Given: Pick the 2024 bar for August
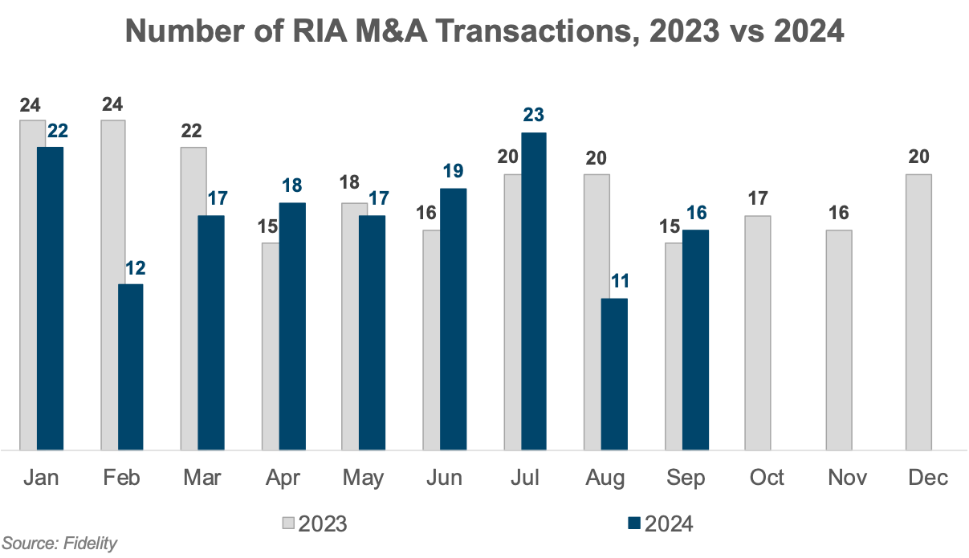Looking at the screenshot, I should point(614,373).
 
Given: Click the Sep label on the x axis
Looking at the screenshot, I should point(686,478).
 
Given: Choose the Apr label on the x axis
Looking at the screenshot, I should point(283,478).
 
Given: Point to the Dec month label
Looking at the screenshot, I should point(927,478).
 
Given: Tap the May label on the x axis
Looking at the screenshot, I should point(363,478).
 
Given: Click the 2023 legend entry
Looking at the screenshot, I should point(315,524).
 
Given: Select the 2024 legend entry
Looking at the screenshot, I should point(660,524).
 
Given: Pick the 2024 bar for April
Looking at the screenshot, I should point(292,325).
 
